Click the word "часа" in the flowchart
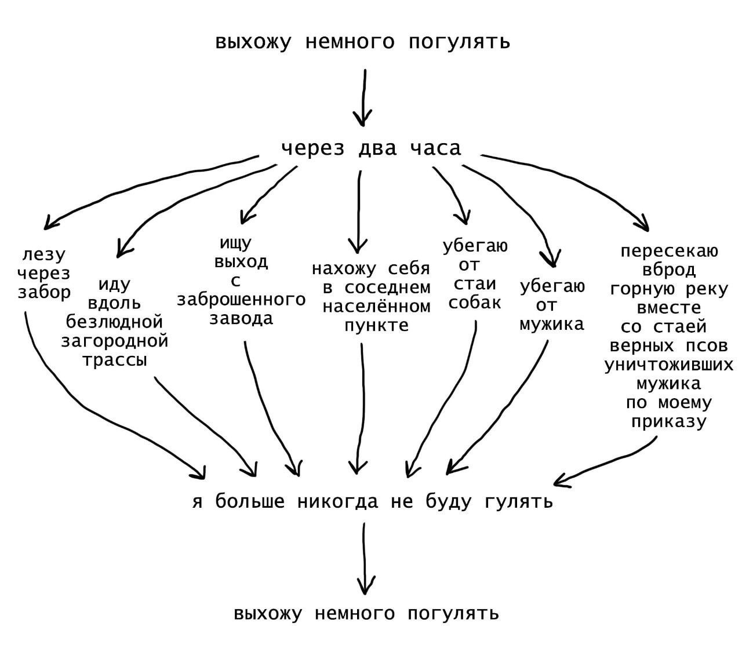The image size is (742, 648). tap(435, 149)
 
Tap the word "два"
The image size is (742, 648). tap(377, 149)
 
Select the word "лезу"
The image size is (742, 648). tap(44, 255)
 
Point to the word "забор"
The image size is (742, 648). tap(44, 292)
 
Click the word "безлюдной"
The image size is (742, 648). tap(115, 322)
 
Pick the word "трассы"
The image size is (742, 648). tap(115, 360)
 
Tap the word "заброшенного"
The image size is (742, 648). tap(241, 300)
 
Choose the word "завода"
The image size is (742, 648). tap(241, 319)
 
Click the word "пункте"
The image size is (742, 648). tap(377, 325)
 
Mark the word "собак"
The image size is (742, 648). tap(475, 303)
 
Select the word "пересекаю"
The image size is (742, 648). tap(670, 251)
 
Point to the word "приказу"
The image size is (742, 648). tap(670, 421)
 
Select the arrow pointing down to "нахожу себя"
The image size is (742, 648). tap(358, 209)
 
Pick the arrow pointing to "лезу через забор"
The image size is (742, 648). tap(145, 185)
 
